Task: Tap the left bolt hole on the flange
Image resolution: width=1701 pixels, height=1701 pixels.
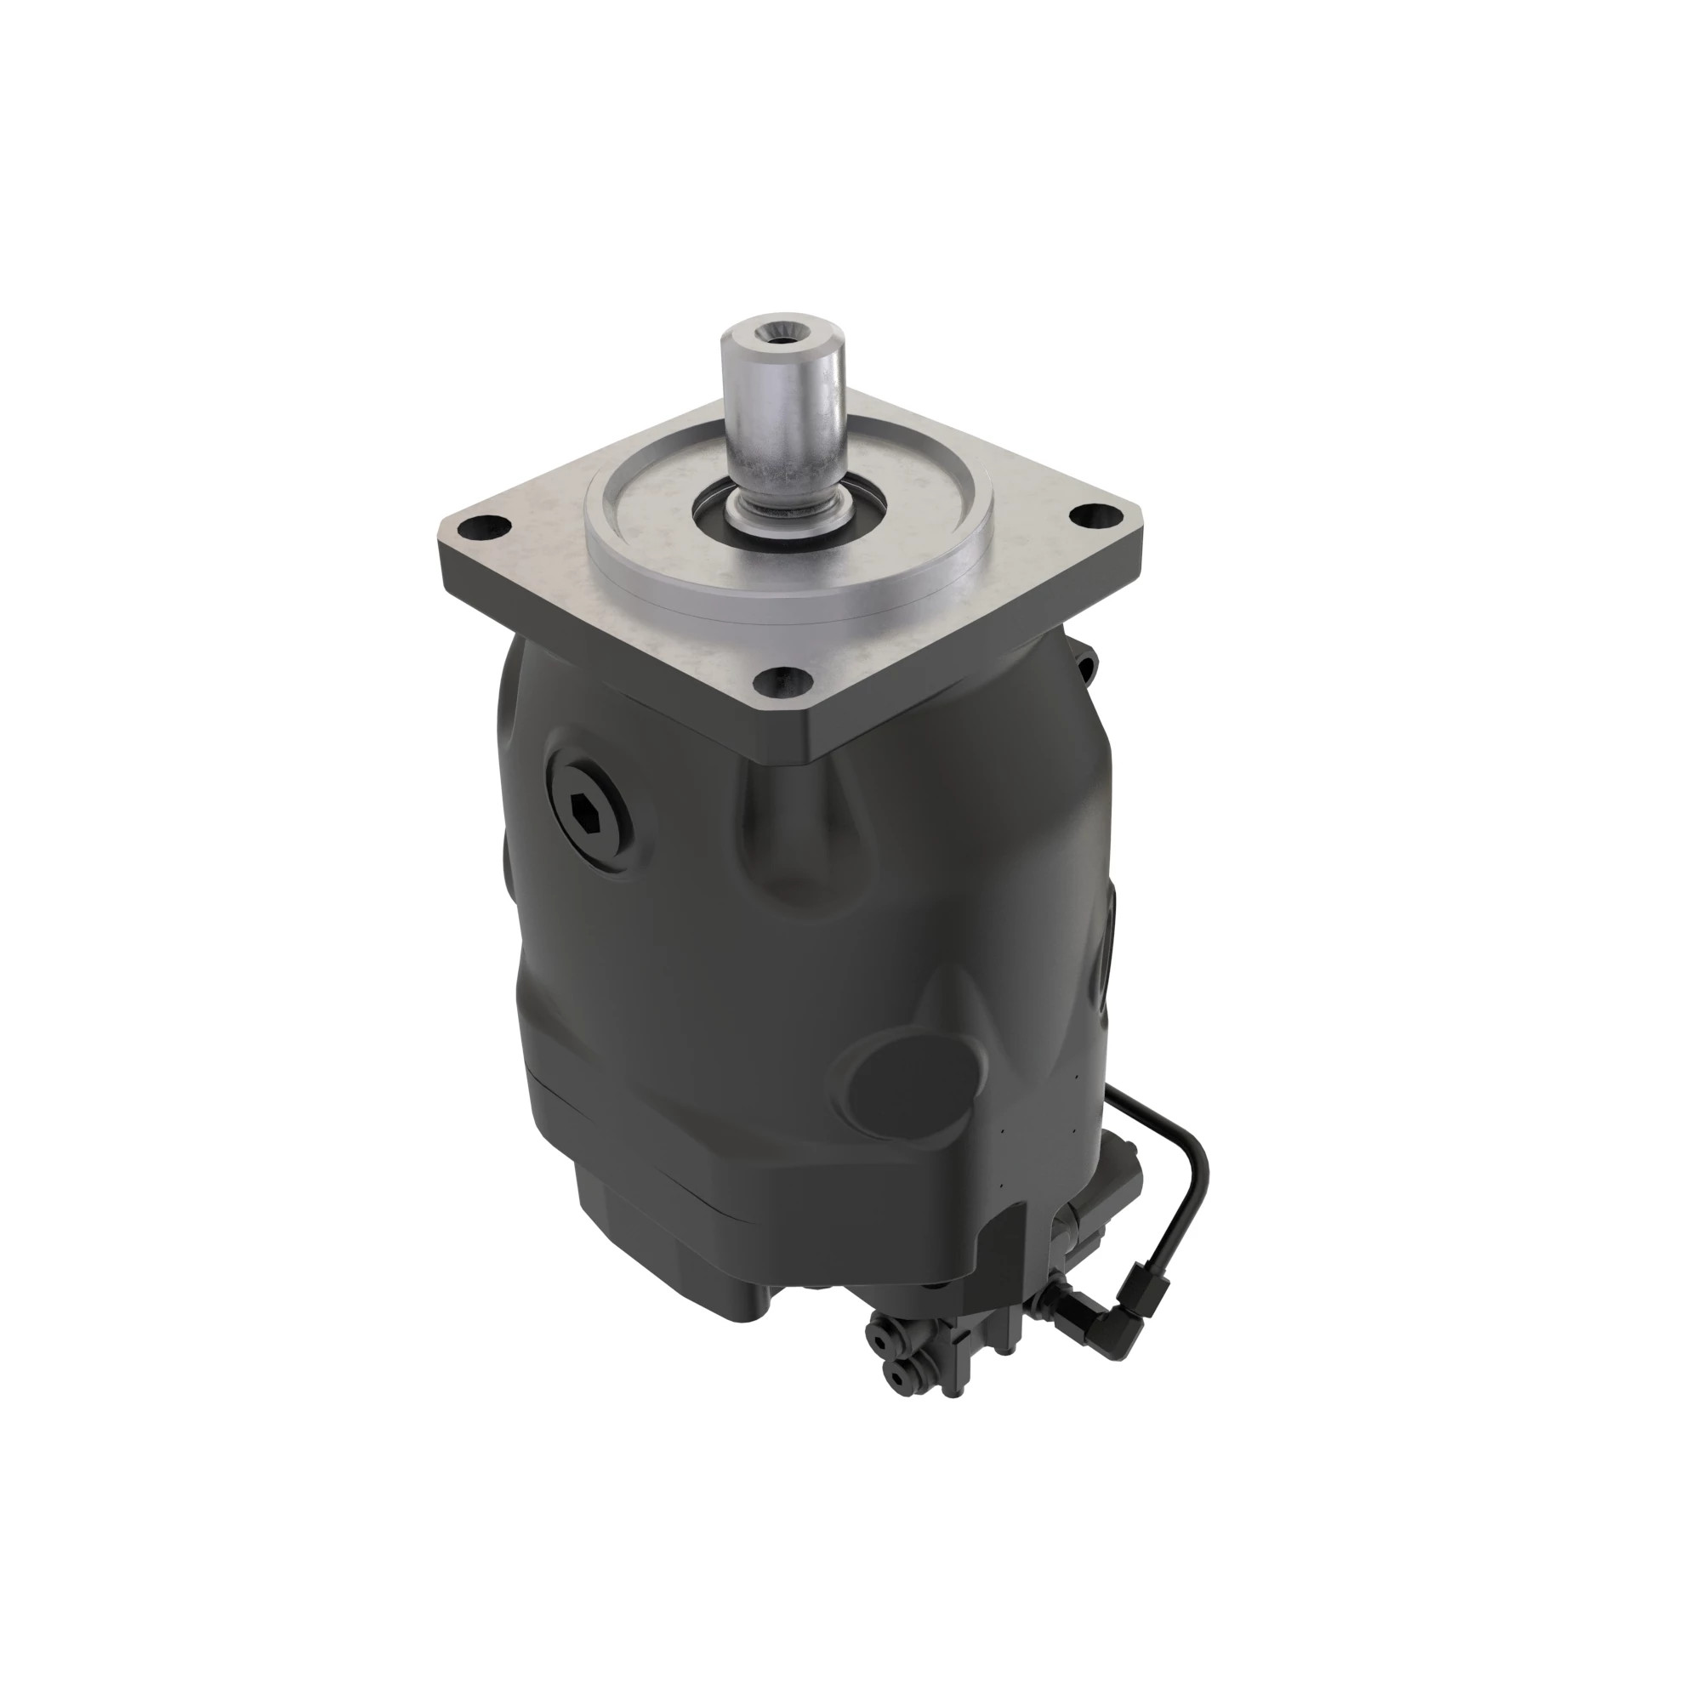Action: pos(484,528)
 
